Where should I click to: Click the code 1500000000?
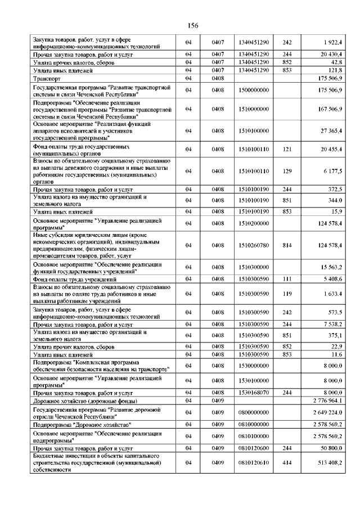click(x=254, y=90)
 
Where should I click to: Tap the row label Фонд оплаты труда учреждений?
click(x=75, y=279)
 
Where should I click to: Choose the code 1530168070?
click(x=254, y=392)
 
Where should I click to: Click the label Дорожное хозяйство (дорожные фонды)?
click(x=85, y=400)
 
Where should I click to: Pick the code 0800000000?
click(x=254, y=412)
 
